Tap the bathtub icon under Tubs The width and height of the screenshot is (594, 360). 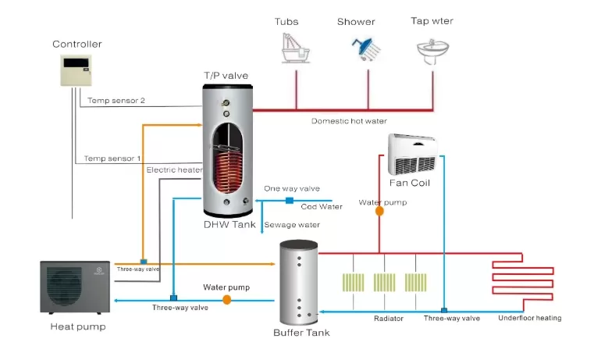[x=295, y=48]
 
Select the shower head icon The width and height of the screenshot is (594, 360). [x=365, y=48]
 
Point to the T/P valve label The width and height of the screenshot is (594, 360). [x=226, y=75]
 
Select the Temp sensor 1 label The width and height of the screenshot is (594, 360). [x=114, y=159]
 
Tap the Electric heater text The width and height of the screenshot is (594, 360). [x=174, y=169]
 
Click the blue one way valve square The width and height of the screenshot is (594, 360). [x=289, y=201]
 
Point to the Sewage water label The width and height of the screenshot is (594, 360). [x=292, y=225]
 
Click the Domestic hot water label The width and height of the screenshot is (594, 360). [x=348, y=121]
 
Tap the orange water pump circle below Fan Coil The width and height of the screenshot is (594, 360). [x=380, y=211]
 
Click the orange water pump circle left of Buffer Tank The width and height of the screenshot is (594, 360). [x=226, y=298]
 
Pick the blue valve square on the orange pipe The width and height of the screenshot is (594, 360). [x=143, y=262]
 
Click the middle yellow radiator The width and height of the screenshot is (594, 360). [x=383, y=283]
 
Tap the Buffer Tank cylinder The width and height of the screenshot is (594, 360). [x=301, y=283]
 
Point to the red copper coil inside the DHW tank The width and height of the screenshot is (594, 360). [x=229, y=168]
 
